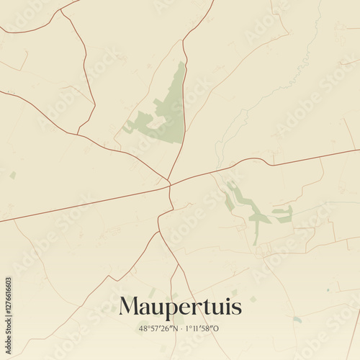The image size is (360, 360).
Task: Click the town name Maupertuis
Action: (180, 307)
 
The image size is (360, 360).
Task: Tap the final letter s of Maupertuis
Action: (237, 307)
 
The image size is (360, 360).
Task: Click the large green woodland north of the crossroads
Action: (170, 115)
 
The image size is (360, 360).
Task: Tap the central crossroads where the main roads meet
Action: (169, 185)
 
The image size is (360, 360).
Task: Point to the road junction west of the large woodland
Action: (78, 134)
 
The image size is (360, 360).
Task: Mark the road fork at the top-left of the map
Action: (60, 10)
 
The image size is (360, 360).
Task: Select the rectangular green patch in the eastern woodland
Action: (282, 214)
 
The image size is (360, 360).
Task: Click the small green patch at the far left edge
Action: (13, 175)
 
